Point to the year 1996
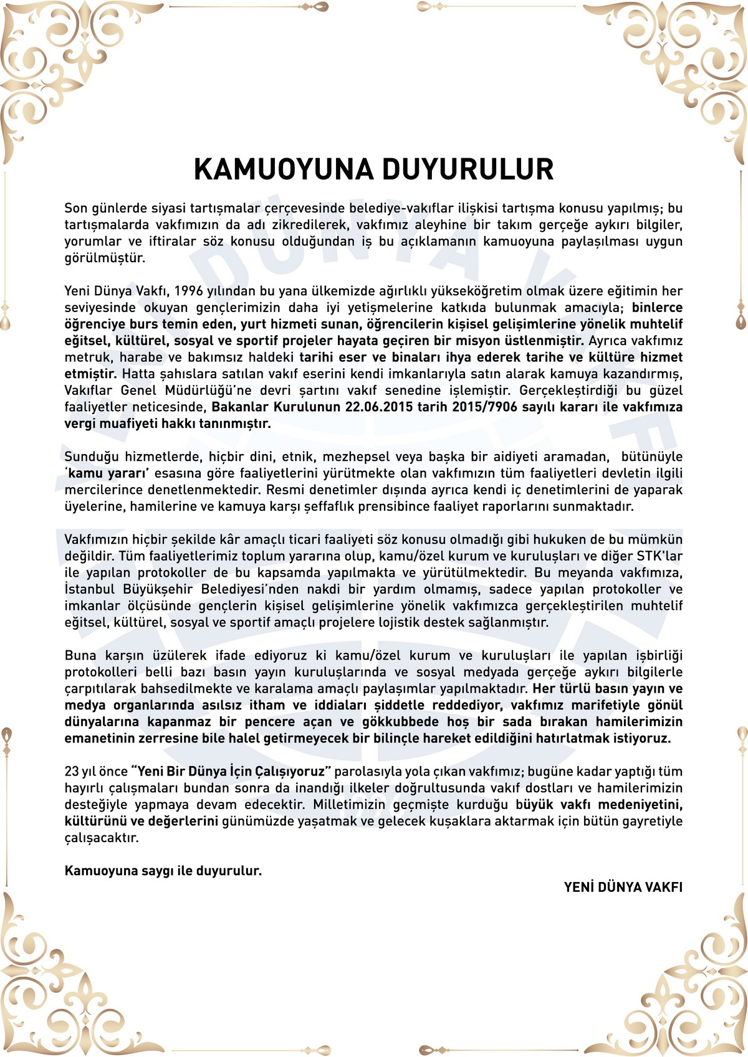189,291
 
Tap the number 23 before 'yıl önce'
72,772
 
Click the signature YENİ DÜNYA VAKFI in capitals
623,887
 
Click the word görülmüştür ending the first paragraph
105,258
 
